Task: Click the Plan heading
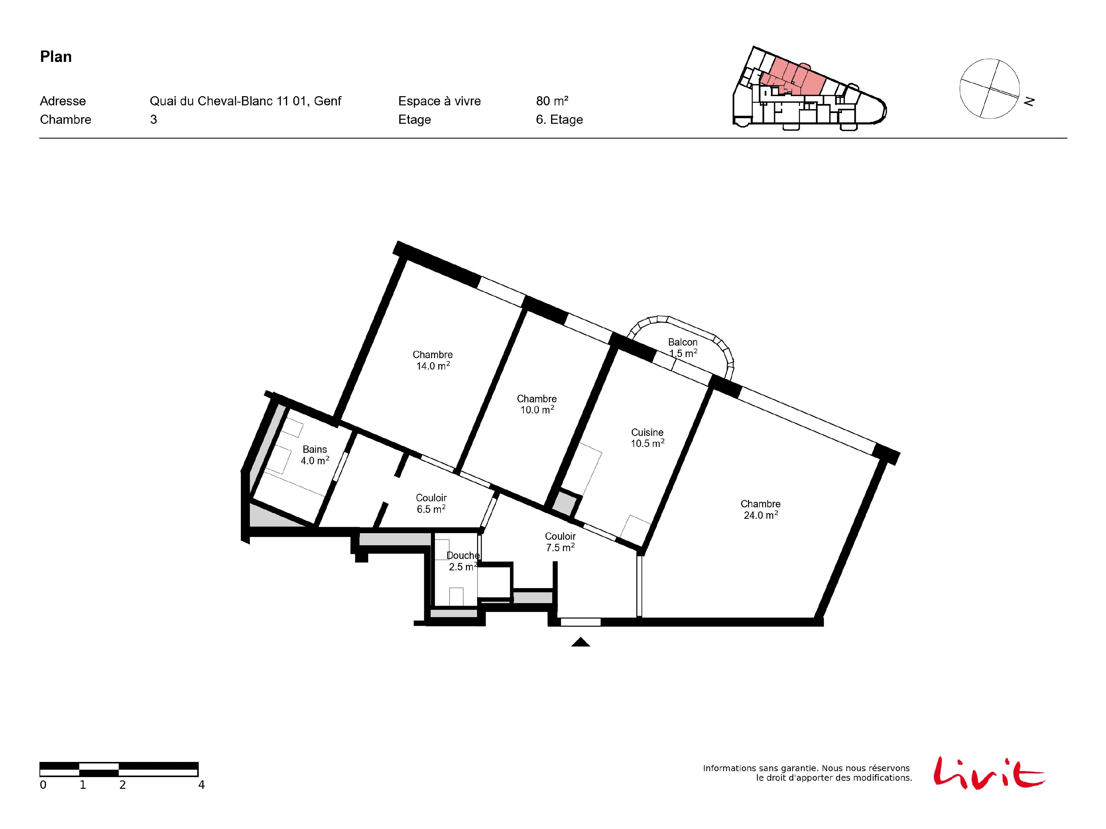click(x=56, y=57)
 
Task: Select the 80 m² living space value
click(x=552, y=101)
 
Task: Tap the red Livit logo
click(x=988, y=773)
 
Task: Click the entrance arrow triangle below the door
click(x=581, y=642)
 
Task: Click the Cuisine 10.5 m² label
click(x=647, y=438)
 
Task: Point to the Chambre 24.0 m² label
click(x=761, y=509)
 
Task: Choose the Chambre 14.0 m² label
click(x=432, y=360)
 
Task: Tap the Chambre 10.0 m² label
click(x=537, y=404)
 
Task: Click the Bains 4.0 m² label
click(x=315, y=455)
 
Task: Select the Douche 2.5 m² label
click(x=463, y=561)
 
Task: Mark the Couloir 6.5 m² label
click(x=431, y=503)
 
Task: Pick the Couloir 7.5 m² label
click(x=560, y=542)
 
